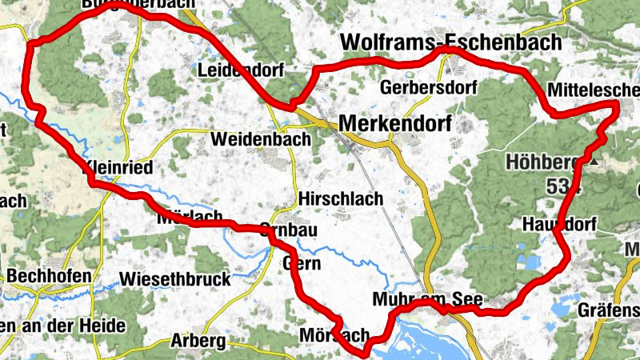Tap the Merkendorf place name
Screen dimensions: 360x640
pyautogui.click(x=395, y=123)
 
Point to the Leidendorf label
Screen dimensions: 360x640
pyautogui.click(x=240, y=71)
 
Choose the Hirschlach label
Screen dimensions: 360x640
pyautogui.click(x=340, y=198)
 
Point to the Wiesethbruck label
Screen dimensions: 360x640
pyautogui.click(x=174, y=279)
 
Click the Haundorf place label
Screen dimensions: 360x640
pyautogui.click(x=559, y=225)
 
